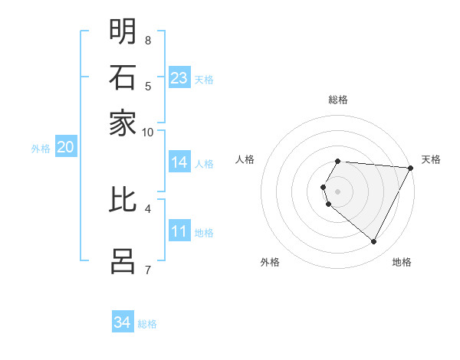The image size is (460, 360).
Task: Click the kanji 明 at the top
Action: [123, 32]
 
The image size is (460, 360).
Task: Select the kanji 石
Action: [123, 78]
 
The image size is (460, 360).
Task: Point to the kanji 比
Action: [123, 199]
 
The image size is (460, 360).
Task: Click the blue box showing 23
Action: [179, 78]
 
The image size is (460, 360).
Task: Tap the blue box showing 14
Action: [179, 162]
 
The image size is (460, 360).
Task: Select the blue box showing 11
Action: [179, 231]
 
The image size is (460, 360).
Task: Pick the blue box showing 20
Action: [65, 148]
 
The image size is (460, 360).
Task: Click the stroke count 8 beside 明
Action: [148, 40]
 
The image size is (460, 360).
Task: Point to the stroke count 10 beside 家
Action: [148, 132]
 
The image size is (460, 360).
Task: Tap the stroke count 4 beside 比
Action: [148, 208]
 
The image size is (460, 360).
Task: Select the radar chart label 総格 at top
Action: [338, 100]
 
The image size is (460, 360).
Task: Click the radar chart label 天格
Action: [431, 159]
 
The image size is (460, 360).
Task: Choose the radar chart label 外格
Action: [270, 262]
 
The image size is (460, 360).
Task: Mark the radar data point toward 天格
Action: [410, 168]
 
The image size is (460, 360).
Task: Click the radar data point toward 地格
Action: [374, 242]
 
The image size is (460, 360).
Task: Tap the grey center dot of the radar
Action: [338, 191]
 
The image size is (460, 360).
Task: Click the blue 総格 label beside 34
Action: [147, 324]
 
